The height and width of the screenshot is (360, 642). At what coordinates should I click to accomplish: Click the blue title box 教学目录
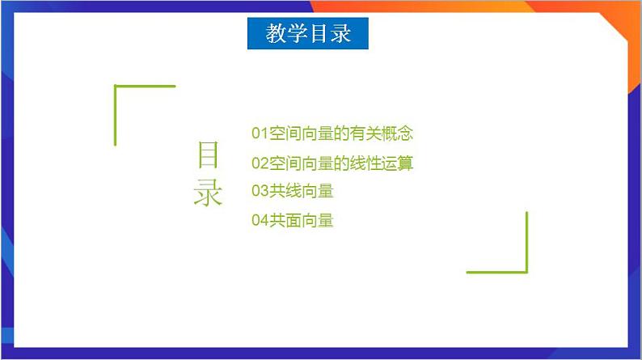[x=307, y=34]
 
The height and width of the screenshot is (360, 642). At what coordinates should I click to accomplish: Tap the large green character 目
[x=208, y=155]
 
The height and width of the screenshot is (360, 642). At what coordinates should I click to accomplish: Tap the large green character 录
[x=208, y=193]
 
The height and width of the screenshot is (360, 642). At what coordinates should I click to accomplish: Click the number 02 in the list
[x=260, y=163]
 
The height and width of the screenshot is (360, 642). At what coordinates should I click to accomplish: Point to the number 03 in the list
[x=260, y=192]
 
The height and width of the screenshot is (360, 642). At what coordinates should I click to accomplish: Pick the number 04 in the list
[x=260, y=220]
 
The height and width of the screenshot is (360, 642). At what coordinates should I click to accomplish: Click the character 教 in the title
[x=276, y=34]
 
